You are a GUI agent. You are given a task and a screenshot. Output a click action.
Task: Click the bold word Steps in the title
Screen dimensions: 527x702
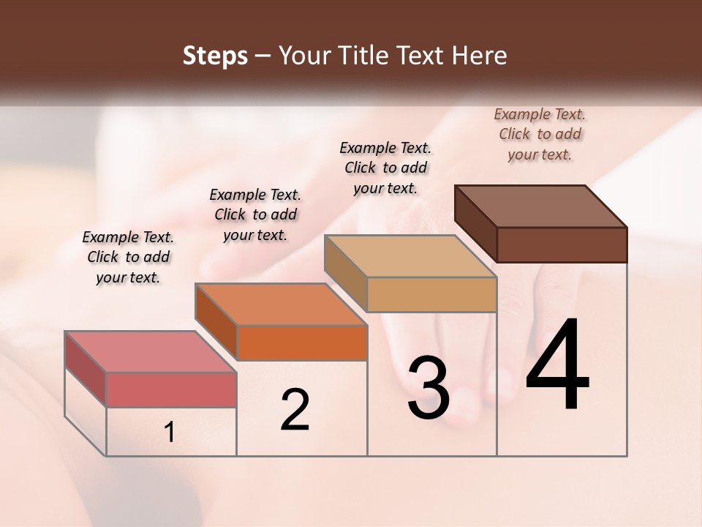pos(215,56)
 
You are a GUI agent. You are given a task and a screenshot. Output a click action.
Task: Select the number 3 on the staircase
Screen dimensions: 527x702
pos(428,387)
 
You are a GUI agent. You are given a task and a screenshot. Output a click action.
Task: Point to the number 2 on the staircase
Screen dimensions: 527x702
pos(295,409)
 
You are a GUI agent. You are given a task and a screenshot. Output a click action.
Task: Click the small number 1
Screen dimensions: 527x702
pos(170,433)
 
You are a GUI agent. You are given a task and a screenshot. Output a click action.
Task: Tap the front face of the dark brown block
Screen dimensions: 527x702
pos(562,244)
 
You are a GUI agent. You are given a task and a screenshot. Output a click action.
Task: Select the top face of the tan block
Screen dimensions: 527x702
pos(409,256)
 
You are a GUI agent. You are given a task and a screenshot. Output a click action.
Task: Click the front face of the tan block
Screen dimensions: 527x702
pos(431,294)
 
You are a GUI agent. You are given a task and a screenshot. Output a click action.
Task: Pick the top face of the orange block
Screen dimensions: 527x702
pos(281,304)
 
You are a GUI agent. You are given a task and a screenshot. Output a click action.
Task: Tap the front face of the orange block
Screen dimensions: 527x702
pos(302,343)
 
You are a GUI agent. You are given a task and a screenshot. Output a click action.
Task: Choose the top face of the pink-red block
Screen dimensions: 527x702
pos(150,351)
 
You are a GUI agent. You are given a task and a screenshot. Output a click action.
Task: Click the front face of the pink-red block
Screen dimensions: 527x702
pos(171,389)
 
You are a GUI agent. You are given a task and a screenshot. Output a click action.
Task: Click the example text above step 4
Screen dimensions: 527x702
pos(540,134)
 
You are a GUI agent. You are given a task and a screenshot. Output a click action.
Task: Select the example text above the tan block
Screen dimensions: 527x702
pos(385,168)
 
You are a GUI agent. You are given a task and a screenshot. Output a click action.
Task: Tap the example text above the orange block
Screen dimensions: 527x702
pos(255,214)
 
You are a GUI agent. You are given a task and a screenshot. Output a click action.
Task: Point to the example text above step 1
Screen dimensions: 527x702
pos(128,257)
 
